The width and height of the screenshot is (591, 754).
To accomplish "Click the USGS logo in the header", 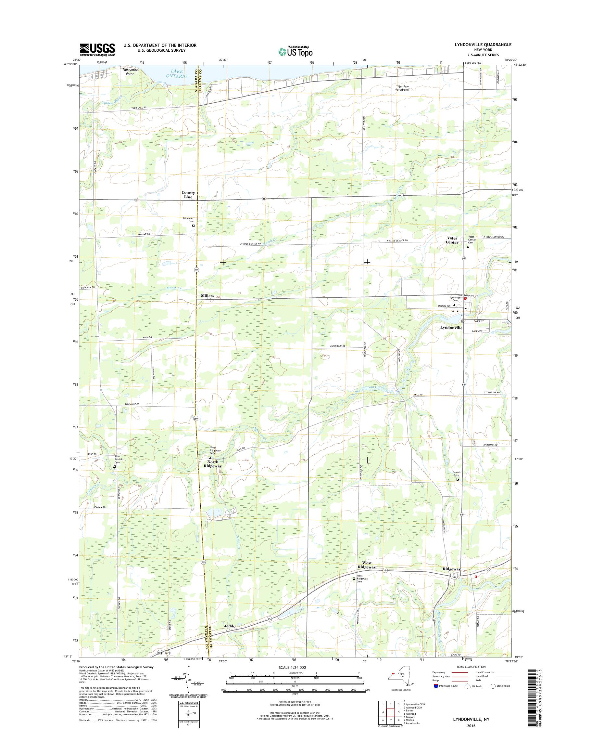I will [x=97, y=49].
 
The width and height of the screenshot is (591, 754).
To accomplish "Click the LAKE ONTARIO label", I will [x=176, y=74].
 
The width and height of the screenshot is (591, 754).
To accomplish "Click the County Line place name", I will [x=188, y=195].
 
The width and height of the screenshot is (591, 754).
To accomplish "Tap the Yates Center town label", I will [x=452, y=240].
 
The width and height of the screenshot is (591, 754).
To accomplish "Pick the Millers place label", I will [x=207, y=296].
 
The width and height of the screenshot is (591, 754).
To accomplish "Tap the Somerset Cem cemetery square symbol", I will [x=194, y=226].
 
